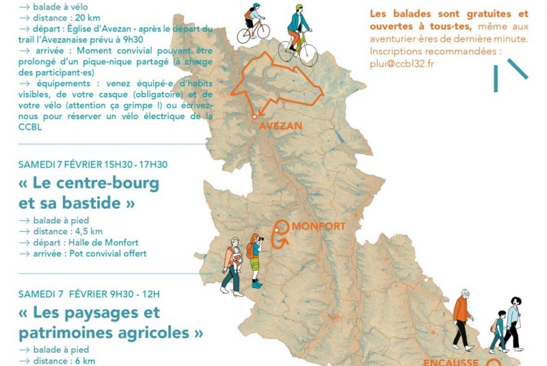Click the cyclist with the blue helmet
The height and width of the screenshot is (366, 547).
253,25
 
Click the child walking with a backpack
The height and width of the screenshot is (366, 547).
498,331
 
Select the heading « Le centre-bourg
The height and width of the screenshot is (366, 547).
89,183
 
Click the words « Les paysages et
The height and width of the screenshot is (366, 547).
90,313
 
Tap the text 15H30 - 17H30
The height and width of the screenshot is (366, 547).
134,164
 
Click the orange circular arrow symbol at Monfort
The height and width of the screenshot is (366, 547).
282,233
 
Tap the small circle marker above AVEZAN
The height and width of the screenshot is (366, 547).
254,117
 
